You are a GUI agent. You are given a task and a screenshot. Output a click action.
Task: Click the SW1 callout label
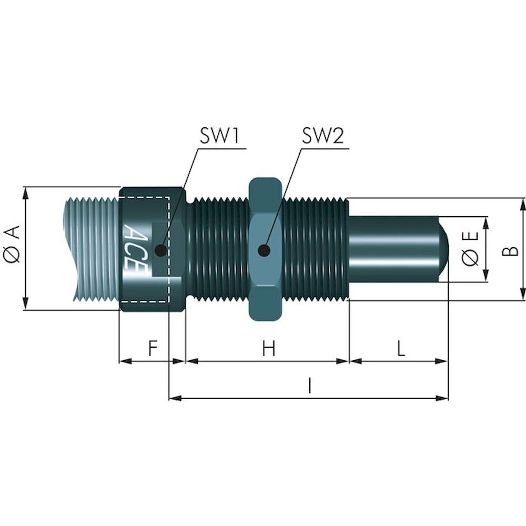coord(219,137)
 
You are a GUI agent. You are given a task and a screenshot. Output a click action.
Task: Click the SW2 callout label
coord(322,137)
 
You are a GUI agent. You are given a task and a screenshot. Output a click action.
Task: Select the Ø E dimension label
coord(470,249)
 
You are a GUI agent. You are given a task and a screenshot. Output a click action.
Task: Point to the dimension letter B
coord(509,249)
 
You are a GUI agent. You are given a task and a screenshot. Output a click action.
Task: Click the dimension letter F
coord(152,349)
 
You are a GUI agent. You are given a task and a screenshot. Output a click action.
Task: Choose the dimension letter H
coord(269,349)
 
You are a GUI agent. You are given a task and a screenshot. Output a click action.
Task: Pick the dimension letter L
coord(401,349)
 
